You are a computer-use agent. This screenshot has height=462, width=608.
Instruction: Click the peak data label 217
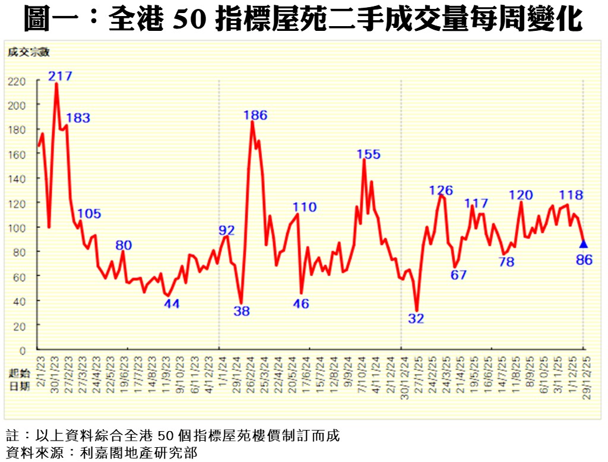60,76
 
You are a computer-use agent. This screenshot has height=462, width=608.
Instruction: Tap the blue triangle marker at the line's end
584,243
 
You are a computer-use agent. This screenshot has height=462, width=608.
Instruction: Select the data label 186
256,115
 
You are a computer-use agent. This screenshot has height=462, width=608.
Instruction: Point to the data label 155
368,154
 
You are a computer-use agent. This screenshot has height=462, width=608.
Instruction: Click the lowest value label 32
416,318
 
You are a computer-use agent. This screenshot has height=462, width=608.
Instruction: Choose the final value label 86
585,260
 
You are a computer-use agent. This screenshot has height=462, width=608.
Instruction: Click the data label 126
441,191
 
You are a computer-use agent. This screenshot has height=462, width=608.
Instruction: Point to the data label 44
172,303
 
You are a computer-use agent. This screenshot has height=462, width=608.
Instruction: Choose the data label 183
78,118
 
